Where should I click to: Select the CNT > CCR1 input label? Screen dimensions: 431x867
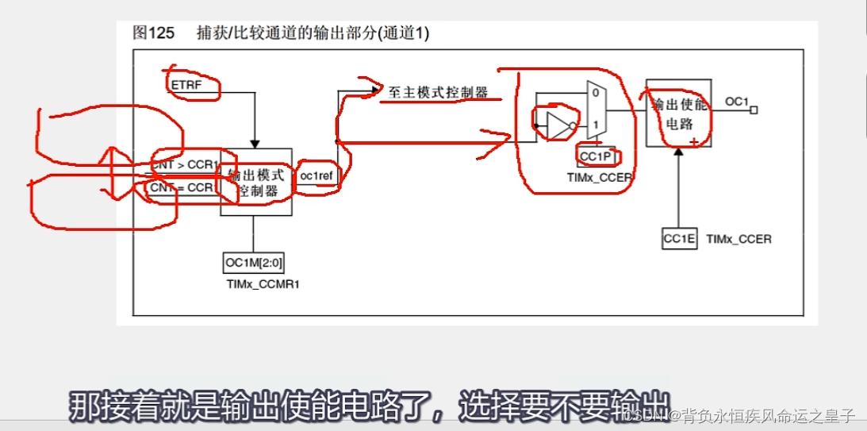[x=185, y=164]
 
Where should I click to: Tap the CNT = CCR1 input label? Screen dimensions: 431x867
[x=182, y=188]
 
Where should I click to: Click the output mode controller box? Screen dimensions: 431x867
[x=255, y=182]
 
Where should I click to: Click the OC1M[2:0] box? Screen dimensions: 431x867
[x=254, y=263]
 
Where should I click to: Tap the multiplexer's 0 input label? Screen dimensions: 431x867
[x=595, y=92]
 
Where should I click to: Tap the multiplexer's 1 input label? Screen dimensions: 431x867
[x=595, y=125]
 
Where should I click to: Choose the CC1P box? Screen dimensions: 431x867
[x=596, y=156]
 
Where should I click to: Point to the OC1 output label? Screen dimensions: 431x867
[x=736, y=102]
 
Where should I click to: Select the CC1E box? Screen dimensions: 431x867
[x=679, y=238]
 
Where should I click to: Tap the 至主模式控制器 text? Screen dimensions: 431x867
[x=438, y=92]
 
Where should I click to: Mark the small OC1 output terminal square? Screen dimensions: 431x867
[x=754, y=110]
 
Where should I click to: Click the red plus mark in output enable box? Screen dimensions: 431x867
[x=694, y=141]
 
